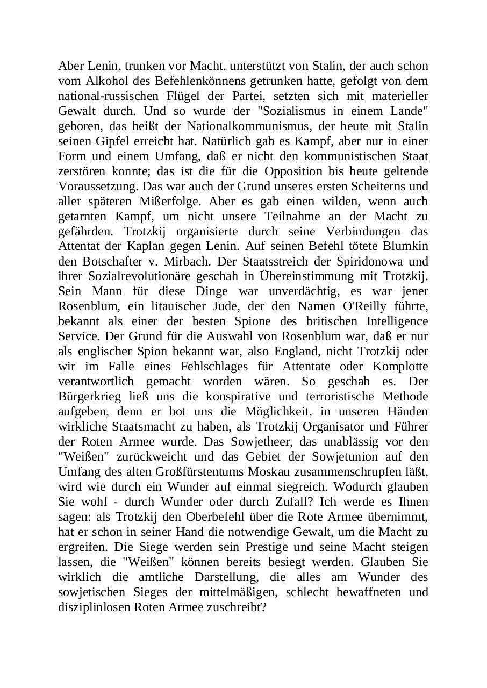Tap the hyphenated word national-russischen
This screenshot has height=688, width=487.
109,96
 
